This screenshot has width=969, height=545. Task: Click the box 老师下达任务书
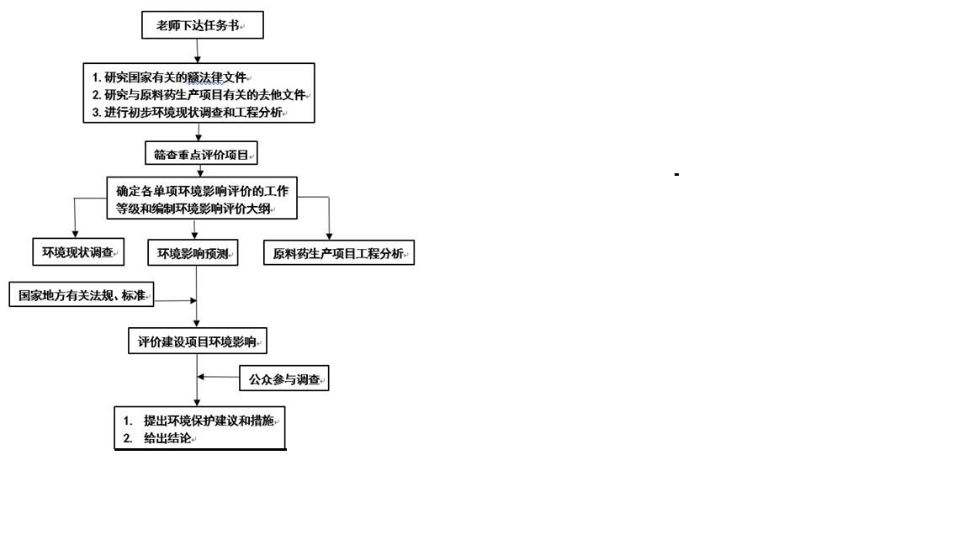pyautogui.click(x=202, y=26)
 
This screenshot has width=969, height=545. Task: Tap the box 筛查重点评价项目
pyautogui.click(x=201, y=155)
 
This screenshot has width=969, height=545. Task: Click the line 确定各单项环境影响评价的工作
pyautogui.click(x=202, y=191)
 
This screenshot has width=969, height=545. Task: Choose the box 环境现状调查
pyautogui.click(x=78, y=251)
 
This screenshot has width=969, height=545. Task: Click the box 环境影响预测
pyautogui.click(x=193, y=253)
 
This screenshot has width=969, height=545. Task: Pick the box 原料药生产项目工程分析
pyautogui.click(x=339, y=253)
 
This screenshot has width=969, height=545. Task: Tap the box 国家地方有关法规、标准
pyautogui.click(x=82, y=295)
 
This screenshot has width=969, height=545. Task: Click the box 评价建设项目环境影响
pyautogui.click(x=198, y=341)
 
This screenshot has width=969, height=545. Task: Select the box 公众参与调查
pyautogui.click(x=284, y=379)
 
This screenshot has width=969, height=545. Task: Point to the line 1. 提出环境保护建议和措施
pyautogui.click(x=200, y=420)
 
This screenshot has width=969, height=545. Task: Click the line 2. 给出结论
pyautogui.click(x=160, y=438)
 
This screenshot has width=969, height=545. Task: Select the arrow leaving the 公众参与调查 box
pyautogui.click(x=219, y=377)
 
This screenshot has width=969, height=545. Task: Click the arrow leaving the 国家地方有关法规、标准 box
pyautogui.click(x=175, y=300)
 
